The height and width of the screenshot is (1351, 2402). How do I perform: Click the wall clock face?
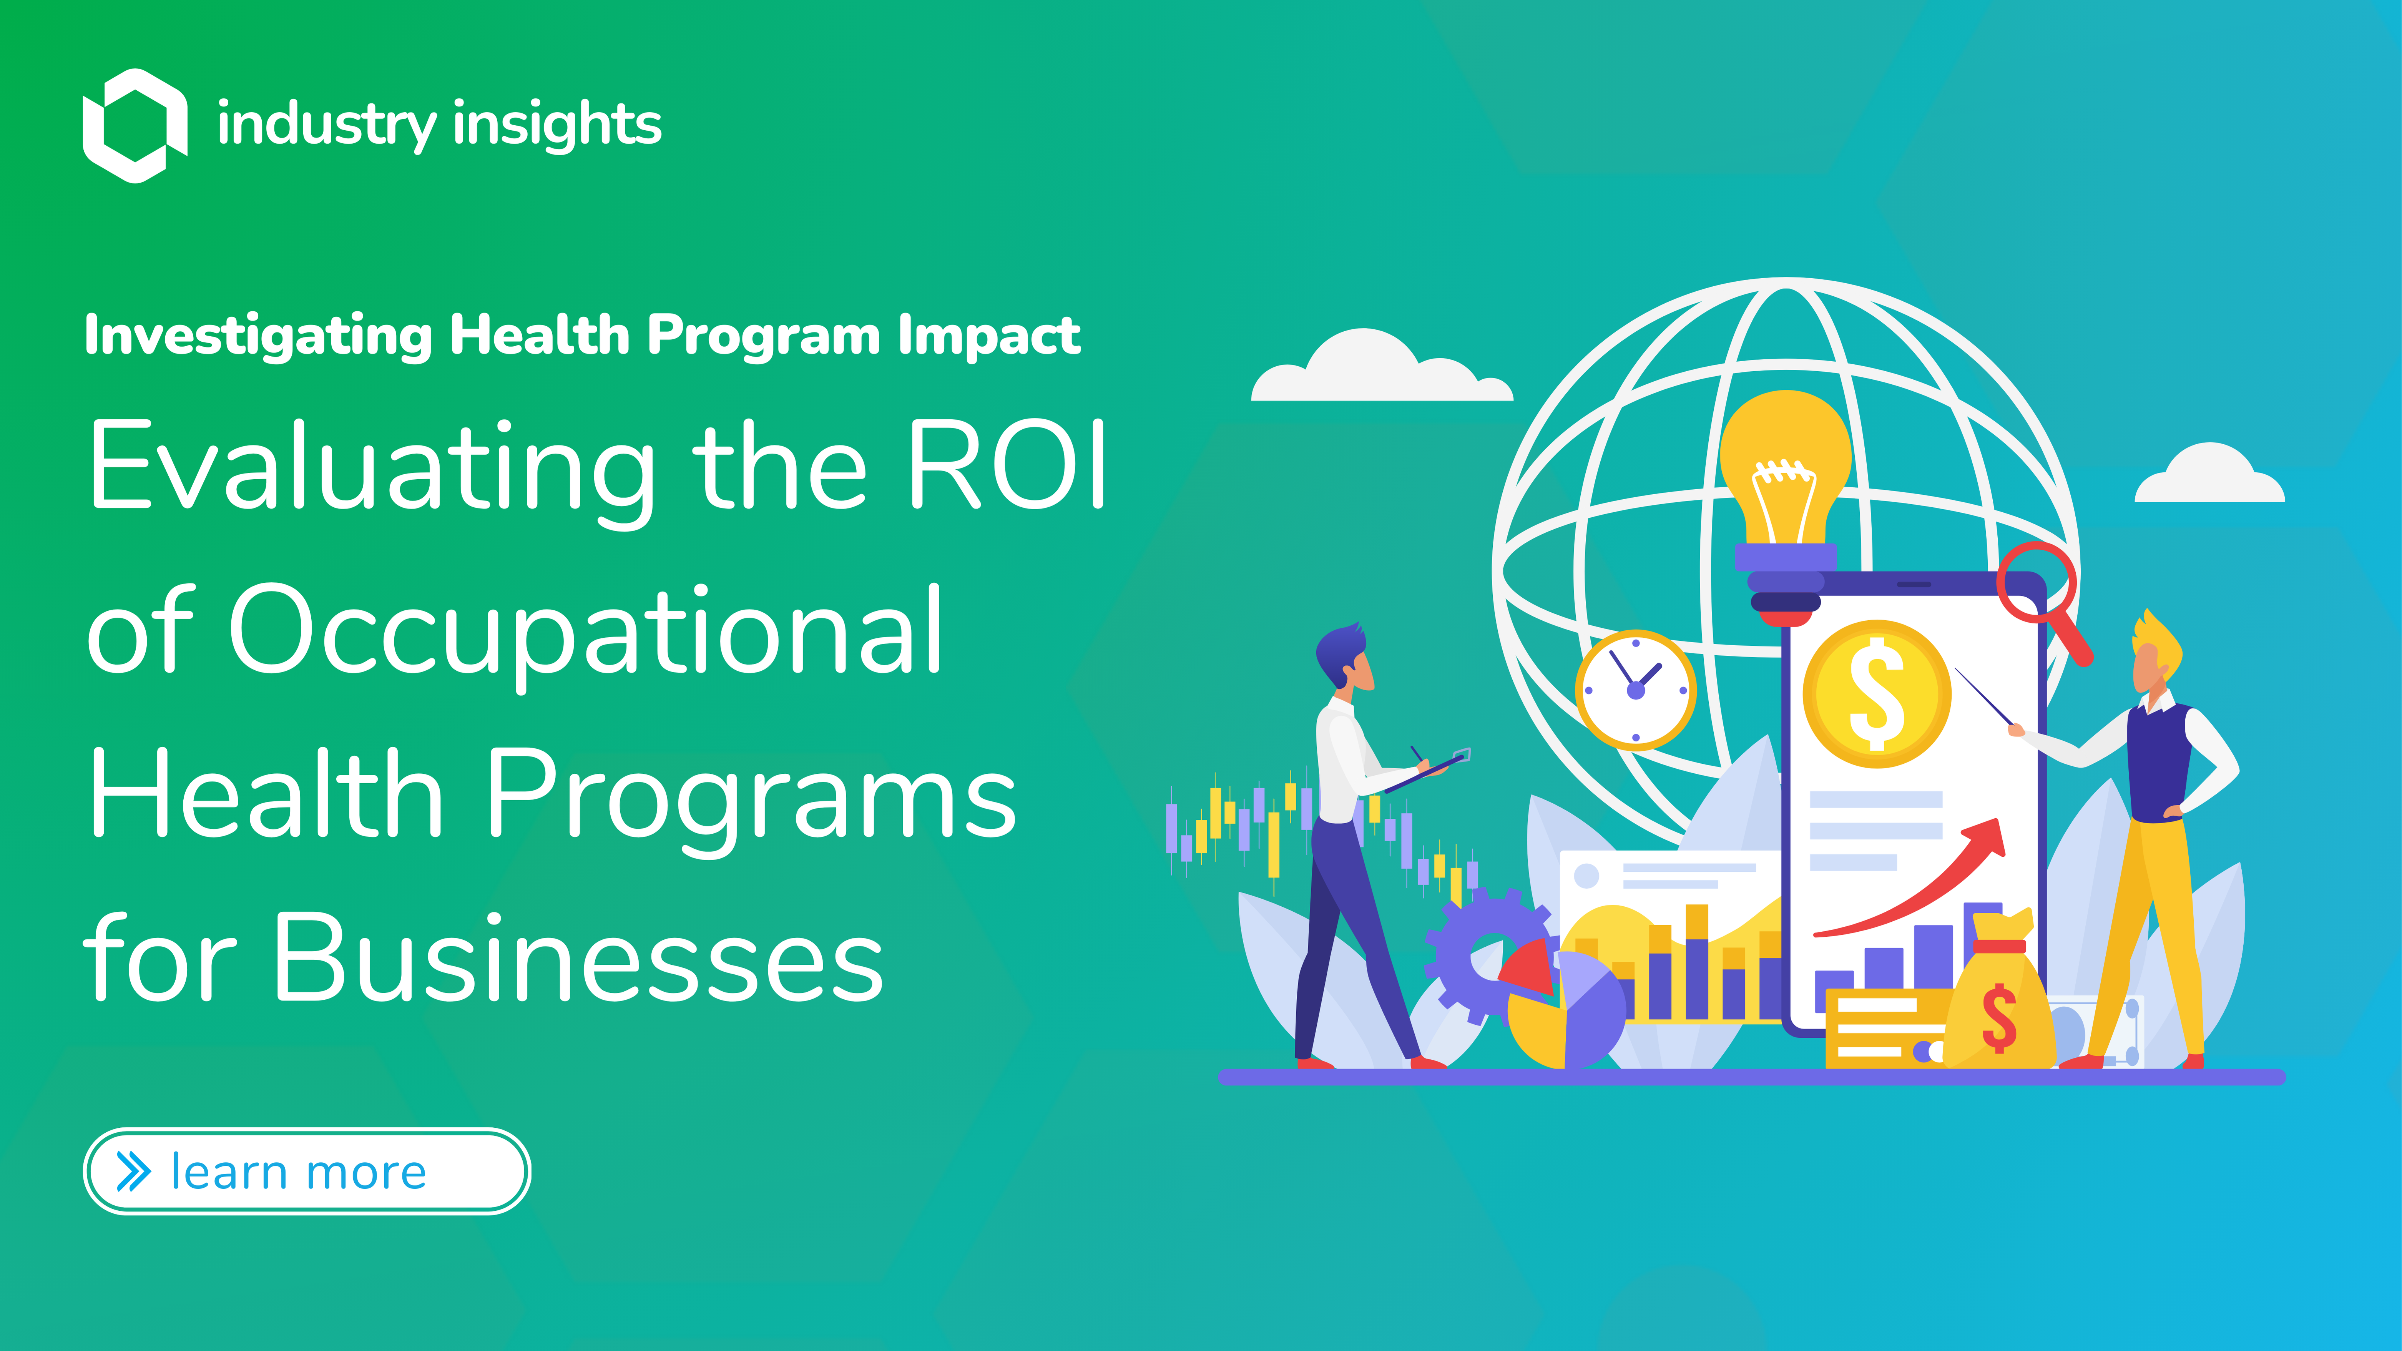tap(1636, 690)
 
